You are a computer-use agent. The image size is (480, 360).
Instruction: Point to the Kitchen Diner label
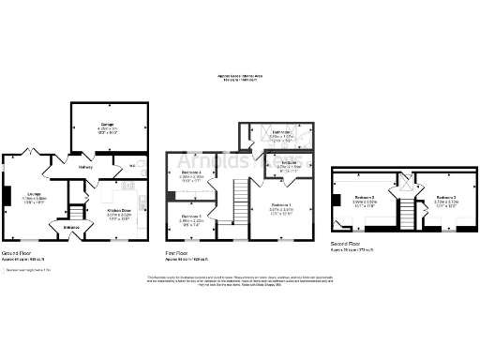118,212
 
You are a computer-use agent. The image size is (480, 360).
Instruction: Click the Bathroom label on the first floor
280,133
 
